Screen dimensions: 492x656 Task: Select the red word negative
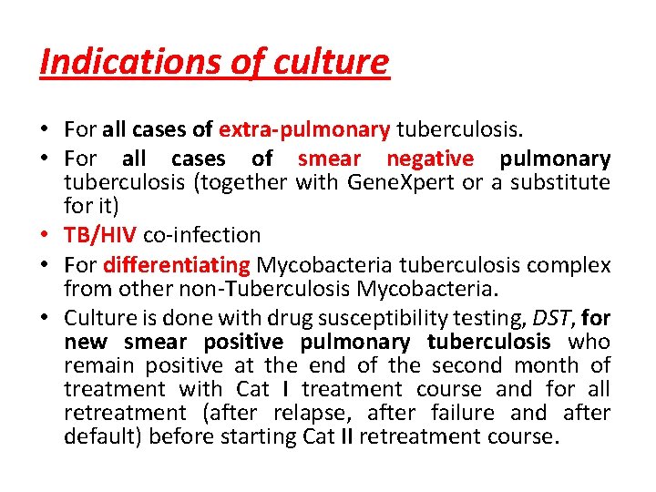pyautogui.click(x=430, y=159)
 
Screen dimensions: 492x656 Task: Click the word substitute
pyautogui.click(x=560, y=183)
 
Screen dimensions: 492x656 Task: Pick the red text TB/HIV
pyautogui.click(x=100, y=235)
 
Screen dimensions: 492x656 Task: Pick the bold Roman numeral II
pyautogui.click(x=347, y=436)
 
